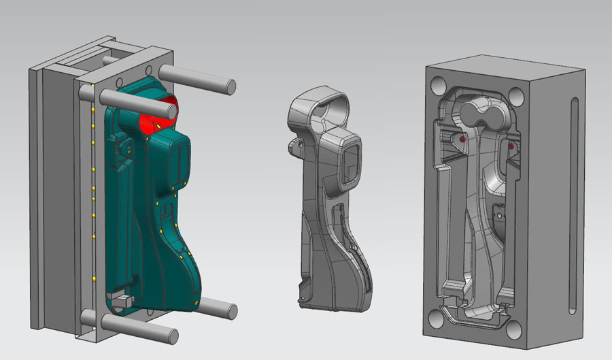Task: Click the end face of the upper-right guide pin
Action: pos(231,86)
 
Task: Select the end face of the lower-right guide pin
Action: pos(231,312)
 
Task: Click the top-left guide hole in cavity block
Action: pos(439,85)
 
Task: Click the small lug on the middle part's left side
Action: pos(294,144)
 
